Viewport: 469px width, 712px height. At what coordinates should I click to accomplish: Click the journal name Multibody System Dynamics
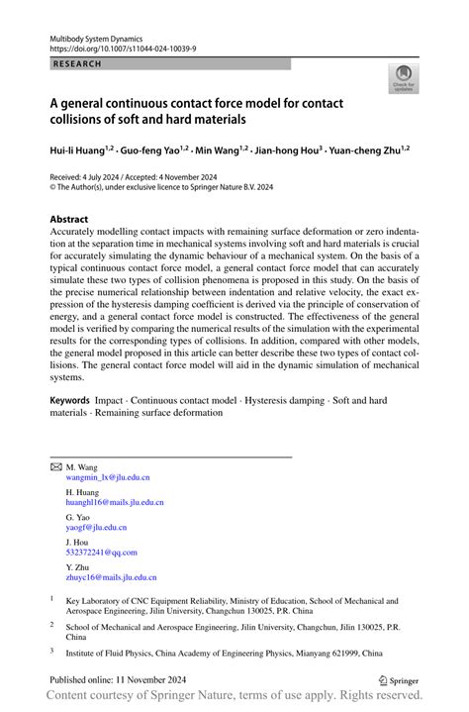(x=97, y=35)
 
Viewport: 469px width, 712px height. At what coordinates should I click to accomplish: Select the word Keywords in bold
(x=76, y=401)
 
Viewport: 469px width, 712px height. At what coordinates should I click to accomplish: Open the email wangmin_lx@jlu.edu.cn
(x=108, y=477)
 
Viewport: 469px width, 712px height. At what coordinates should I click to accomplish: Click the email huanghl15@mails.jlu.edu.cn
(x=115, y=502)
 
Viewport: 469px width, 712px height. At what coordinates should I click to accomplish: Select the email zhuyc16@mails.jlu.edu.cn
(x=111, y=577)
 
